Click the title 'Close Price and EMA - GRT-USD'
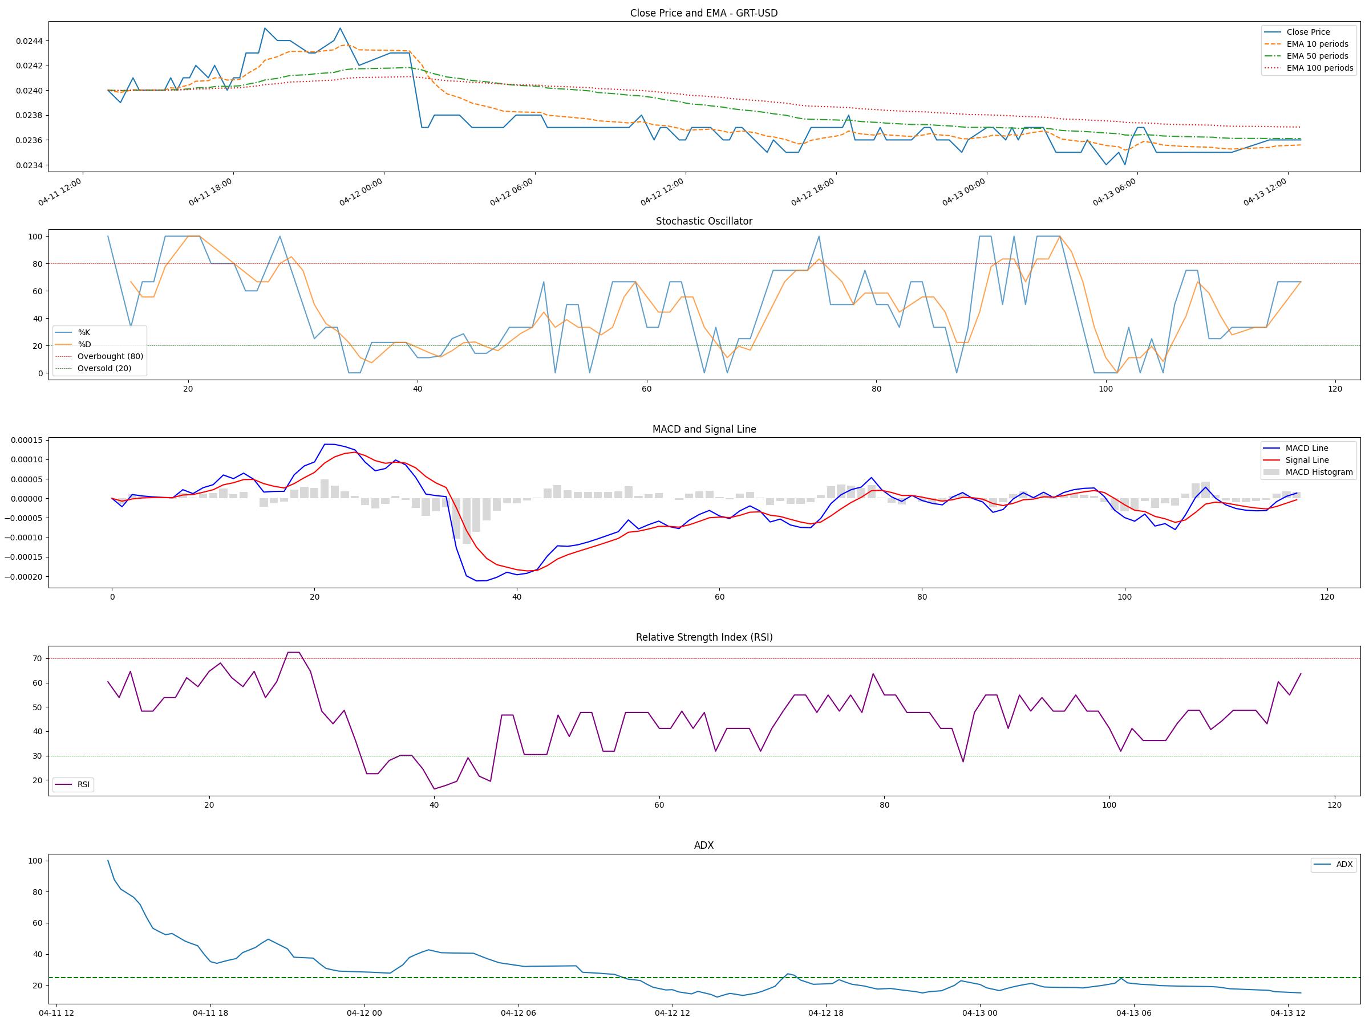pyautogui.click(x=704, y=13)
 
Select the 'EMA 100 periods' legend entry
pyautogui.click(x=1319, y=68)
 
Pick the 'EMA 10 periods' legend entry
pyautogui.click(x=1317, y=44)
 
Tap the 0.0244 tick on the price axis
pyautogui.click(x=29, y=42)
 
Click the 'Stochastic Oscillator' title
pyautogui.click(x=704, y=221)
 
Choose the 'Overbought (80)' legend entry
pyautogui.click(x=110, y=356)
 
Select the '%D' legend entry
pyautogui.click(x=84, y=344)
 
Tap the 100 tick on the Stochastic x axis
pyautogui.click(x=1105, y=389)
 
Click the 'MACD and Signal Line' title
pyautogui.click(x=704, y=429)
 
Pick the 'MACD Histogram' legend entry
pyautogui.click(x=1319, y=472)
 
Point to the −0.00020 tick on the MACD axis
pyautogui.click(x=25, y=577)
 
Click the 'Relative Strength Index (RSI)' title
pyautogui.click(x=704, y=637)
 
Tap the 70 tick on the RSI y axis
pyautogui.click(x=38, y=659)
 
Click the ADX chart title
pyautogui.click(x=704, y=845)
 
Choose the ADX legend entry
pyautogui.click(x=1344, y=865)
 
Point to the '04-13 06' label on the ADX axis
pyautogui.click(x=1134, y=1013)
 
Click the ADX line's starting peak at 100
pyautogui.click(x=108, y=860)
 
